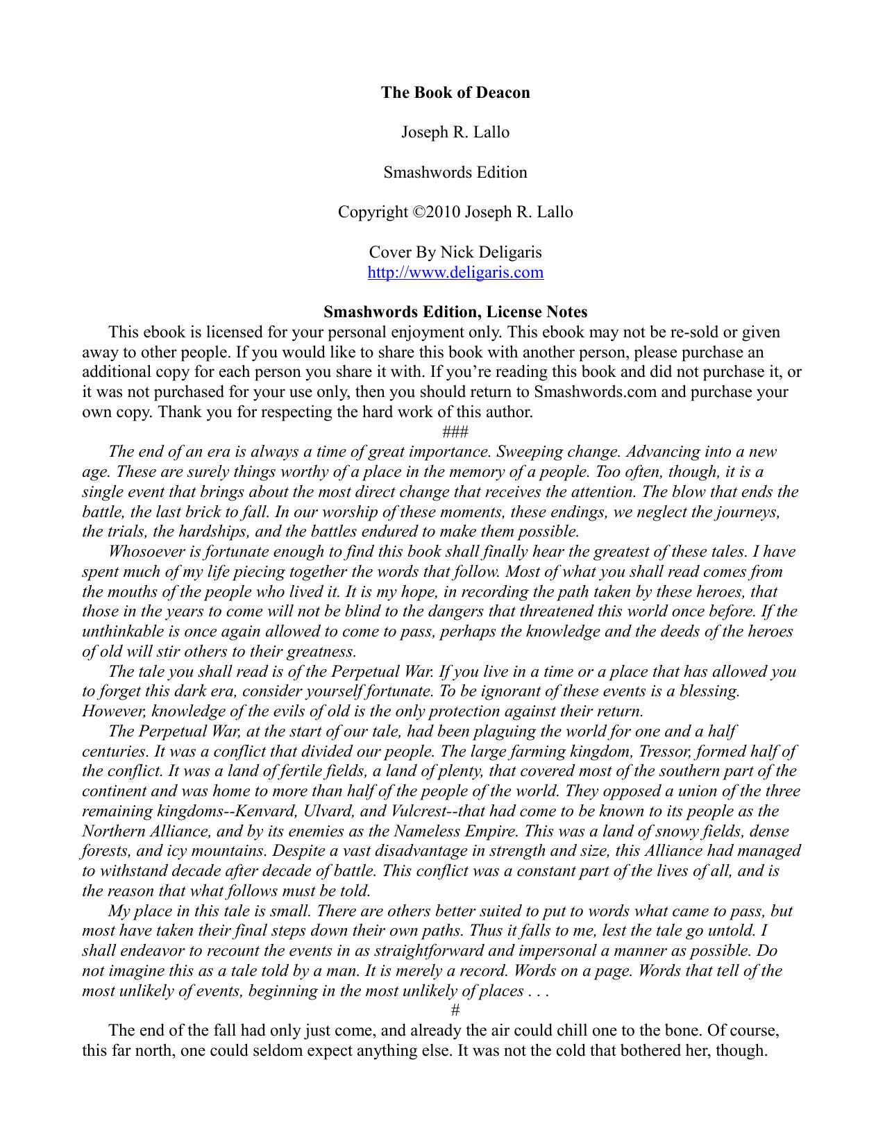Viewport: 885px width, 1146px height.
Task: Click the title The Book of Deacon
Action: pyautogui.click(x=455, y=93)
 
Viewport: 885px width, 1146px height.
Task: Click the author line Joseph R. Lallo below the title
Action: pyautogui.click(x=455, y=133)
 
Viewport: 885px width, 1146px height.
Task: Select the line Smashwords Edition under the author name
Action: pyautogui.click(x=455, y=172)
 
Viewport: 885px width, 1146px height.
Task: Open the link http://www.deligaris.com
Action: pyautogui.click(x=455, y=272)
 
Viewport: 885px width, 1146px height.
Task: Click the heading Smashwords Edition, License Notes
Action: pyautogui.click(x=455, y=312)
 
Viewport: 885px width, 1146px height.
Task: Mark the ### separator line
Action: pyautogui.click(x=455, y=432)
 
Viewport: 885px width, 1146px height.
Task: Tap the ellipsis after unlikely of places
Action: pyautogui.click(x=538, y=991)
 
